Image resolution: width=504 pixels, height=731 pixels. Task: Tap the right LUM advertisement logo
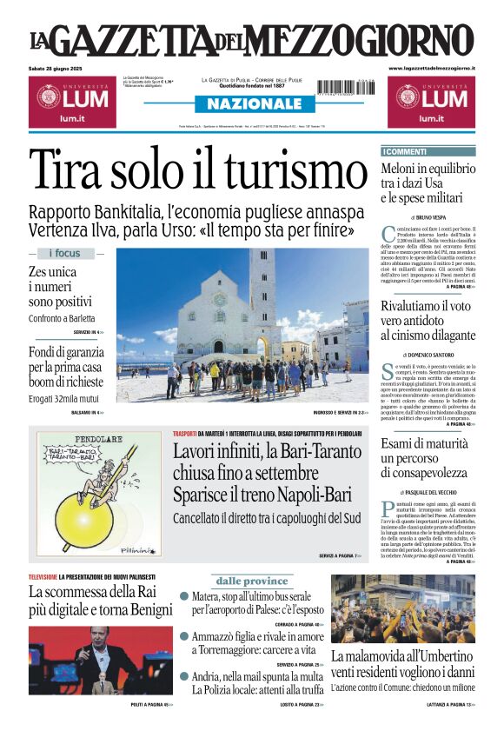click(431, 101)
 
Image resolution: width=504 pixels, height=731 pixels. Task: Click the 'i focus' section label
click(64, 254)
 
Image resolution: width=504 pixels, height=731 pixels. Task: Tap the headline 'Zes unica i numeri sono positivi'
click(59, 287)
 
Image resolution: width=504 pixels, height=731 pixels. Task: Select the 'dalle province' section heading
click(252, 581)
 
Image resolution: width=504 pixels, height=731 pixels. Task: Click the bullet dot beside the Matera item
click(184, 596)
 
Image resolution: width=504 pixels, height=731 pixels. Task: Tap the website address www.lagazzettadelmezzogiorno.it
click(431, 68)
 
